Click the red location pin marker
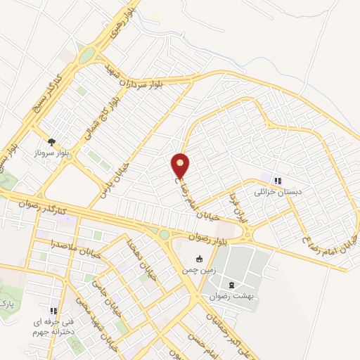(x=181, y=165)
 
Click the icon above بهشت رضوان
(x=233, y=285)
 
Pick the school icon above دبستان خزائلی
(x=278, y=180)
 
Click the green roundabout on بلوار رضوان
(x=165, y=235)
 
